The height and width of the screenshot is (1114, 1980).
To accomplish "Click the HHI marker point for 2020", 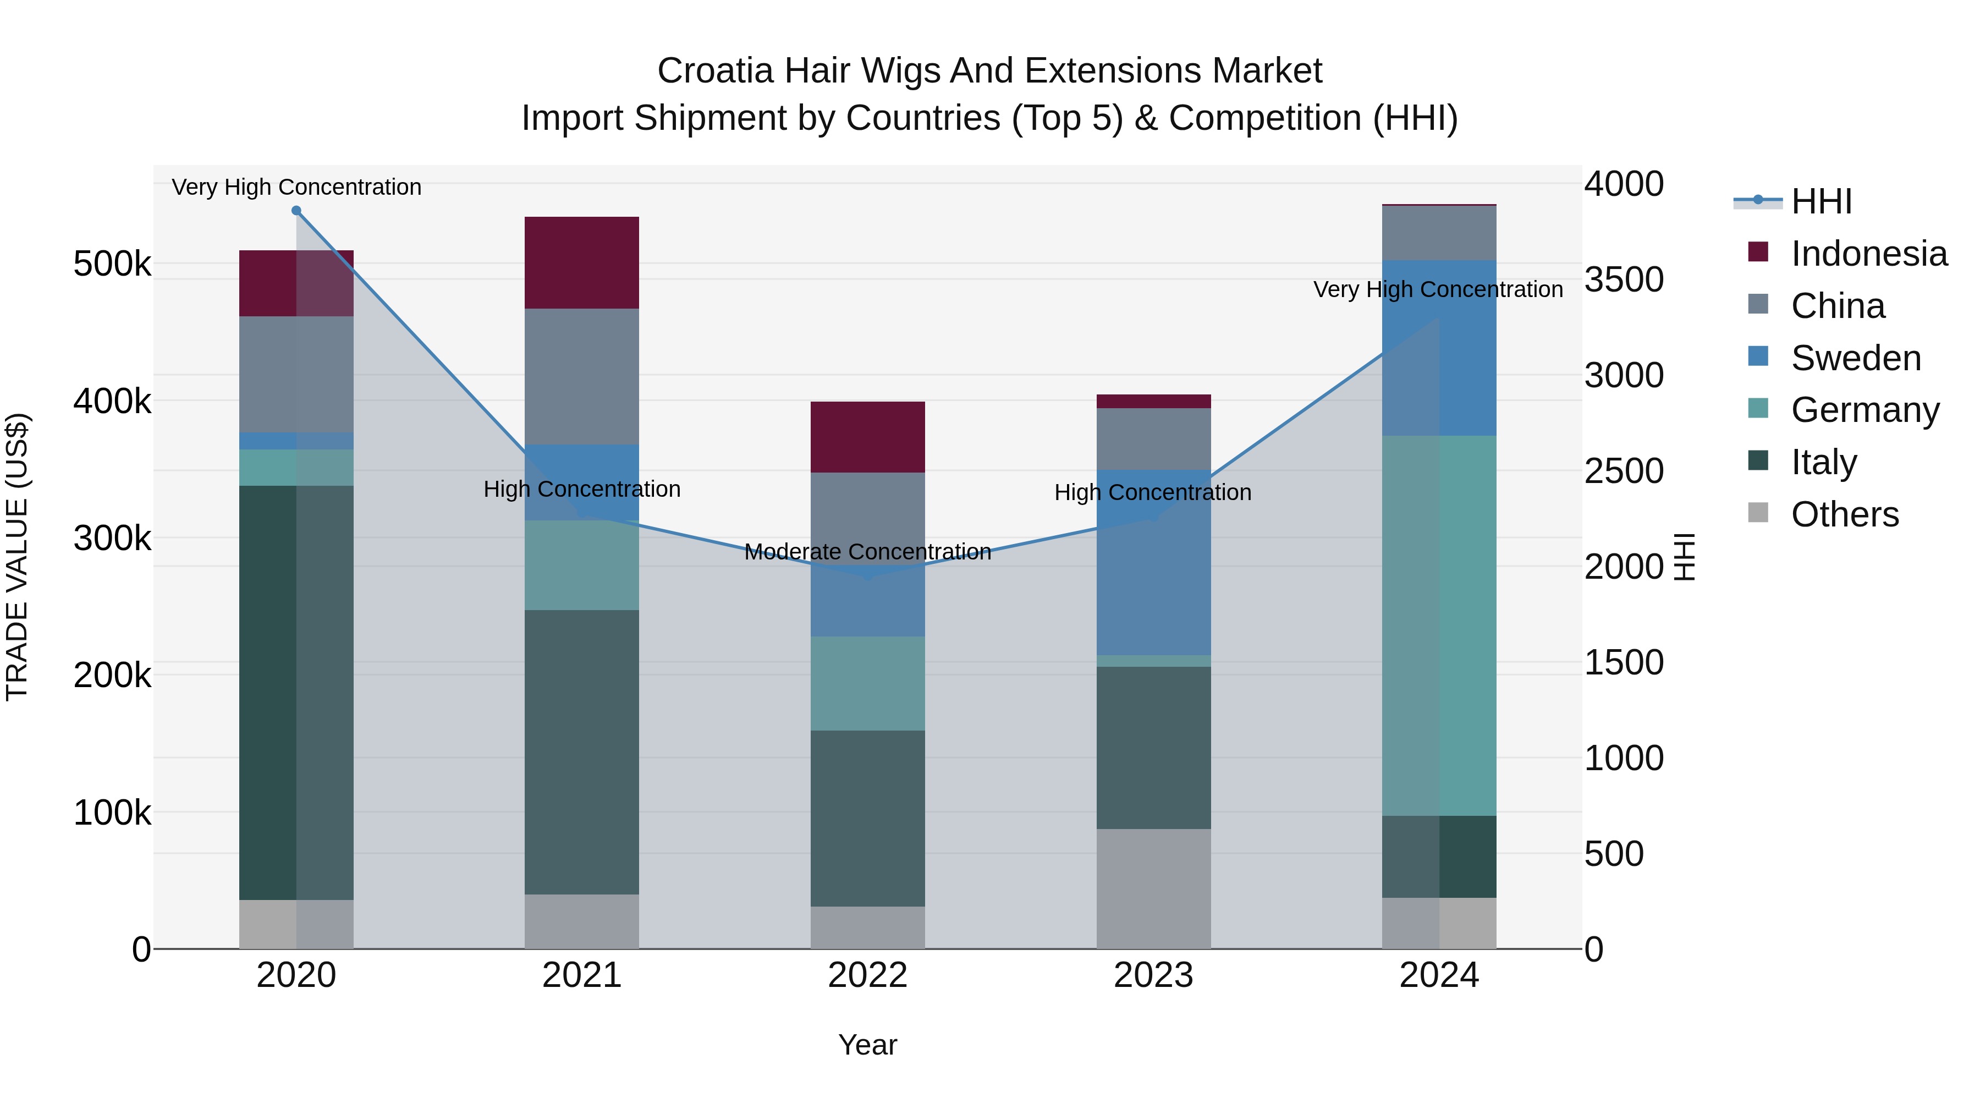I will (296, 211).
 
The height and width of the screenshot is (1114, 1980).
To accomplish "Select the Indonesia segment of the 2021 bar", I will (581, 262).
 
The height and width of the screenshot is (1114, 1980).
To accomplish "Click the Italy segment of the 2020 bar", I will (296, 692).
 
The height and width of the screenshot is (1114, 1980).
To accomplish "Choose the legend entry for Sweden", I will (1856, 358).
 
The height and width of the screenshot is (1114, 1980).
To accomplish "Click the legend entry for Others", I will (1844, 514).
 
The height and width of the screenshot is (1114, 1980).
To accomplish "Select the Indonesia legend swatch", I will (1758, 252).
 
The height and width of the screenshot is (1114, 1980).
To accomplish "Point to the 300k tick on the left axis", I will (112, 538).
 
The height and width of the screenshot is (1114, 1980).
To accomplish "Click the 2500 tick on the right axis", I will (1624, 470).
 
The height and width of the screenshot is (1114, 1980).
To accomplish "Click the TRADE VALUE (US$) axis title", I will (17, 557).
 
